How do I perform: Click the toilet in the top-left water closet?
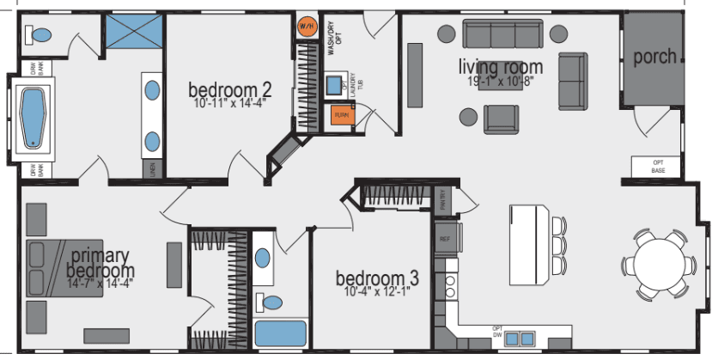pos(40,34)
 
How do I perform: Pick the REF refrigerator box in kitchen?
pos(445,239)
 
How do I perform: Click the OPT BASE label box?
pos(658,167)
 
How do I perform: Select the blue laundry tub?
pos(334,84)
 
